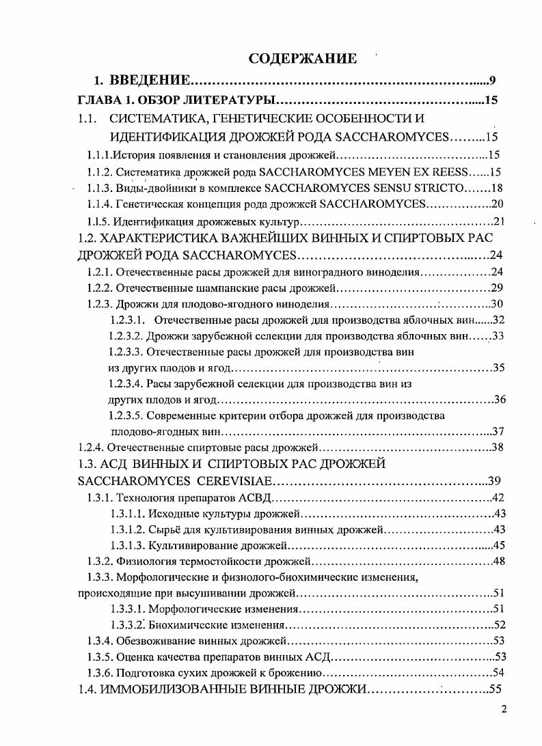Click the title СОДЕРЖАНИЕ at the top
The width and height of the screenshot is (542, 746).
302,58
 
